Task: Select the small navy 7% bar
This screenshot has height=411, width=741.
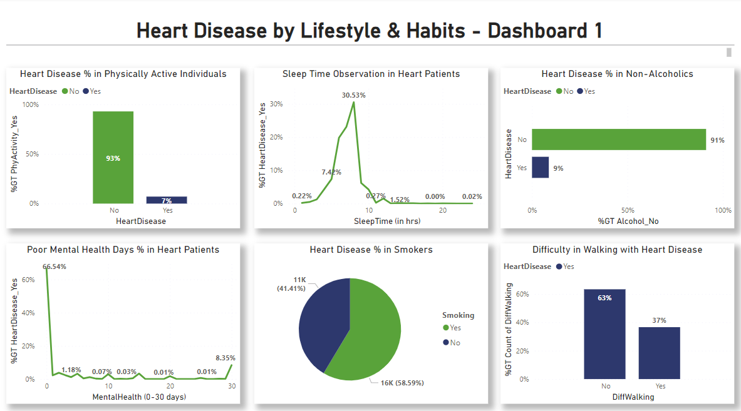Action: pyautogui.click(x=167, y=200)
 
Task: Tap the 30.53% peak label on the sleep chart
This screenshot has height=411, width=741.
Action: pyautogui.click(x=354, y=95)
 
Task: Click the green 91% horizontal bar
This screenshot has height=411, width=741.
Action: pyautogui.click(x=619, y=140)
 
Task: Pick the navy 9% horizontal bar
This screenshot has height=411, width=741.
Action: pyautogui.click(x=541, y=168)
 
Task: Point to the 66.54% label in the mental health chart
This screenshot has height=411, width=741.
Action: pyautogui.click(x=55, y=266)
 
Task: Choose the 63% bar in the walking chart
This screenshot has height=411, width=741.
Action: pyautogui.click(x=604, y=334)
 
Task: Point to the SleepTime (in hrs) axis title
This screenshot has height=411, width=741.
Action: pyautogui.click(x=387, y=221)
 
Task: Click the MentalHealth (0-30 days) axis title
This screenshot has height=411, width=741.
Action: pyautogui.click(x=139, y=397)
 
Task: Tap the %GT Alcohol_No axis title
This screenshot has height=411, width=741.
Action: pyautogui.click(x=628, y=221)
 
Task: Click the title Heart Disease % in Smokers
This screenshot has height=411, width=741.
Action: pyautogui.click(x=371, y=250)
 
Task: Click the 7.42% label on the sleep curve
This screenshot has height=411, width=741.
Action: pyautogui.click(x=332, y=172)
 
